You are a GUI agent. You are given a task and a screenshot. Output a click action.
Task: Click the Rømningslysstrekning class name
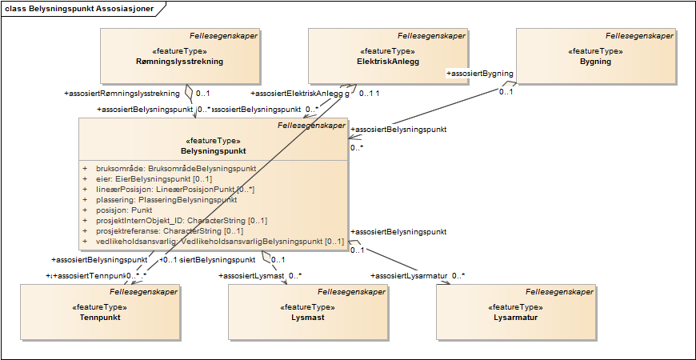pos(179,61)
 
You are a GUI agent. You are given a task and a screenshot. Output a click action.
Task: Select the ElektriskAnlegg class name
pos(388,61)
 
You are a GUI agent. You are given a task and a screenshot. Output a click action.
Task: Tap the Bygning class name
pos(595,61)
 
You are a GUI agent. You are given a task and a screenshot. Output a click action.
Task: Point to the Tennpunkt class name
pos(99,318)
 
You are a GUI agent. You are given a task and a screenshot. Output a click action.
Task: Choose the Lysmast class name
pos(307,318)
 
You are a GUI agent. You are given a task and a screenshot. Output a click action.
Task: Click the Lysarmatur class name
pos(516,318)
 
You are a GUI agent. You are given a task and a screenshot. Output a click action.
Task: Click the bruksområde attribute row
pos(175,169)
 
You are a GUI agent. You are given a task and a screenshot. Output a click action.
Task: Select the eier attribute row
pos(150,179)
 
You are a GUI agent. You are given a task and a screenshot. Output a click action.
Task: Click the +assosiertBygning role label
pos(479,74)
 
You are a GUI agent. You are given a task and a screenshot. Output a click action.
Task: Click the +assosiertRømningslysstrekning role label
pos(122,94)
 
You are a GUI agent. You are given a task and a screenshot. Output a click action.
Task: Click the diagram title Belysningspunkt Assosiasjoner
pos(83,8)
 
